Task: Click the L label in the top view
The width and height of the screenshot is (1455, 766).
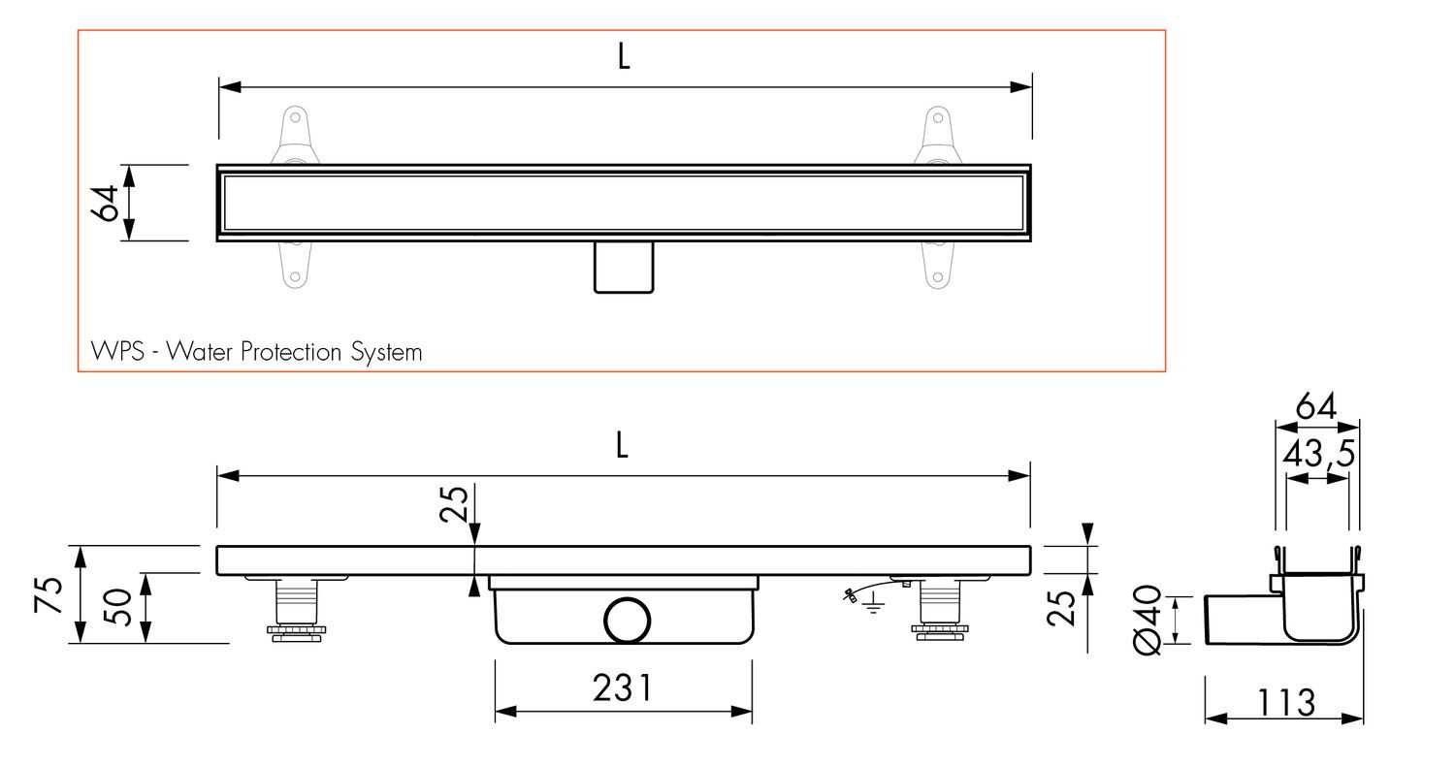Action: [x=624, y=56]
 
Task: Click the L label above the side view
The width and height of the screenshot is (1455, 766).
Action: [x=622, y=445]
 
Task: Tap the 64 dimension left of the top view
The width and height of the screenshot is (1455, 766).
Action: [x=105, y=204]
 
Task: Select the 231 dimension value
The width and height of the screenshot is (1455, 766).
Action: [x=623, y=688]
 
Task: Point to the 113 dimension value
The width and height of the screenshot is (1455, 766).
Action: [x=1286, y=702]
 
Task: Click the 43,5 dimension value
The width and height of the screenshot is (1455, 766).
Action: [x=1318, y=453]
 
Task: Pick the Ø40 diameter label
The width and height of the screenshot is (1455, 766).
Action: [x=1148, y=620]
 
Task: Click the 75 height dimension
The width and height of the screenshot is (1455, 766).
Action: [x=48, y=594]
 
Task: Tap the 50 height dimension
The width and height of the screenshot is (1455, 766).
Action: [x=118, y=607]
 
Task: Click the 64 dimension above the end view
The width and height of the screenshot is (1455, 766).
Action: [x=1316, y=406]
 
